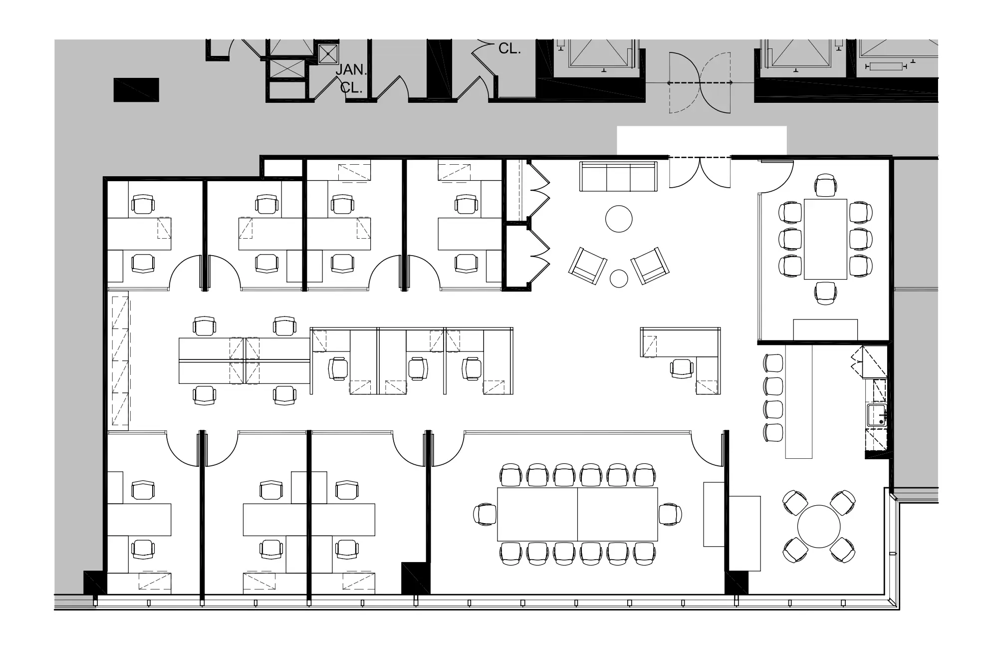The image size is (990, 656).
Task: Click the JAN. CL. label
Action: tap(351, 79)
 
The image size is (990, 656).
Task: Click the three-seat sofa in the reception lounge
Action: tap(618, 176)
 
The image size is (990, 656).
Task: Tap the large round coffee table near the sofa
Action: tap(619, 219)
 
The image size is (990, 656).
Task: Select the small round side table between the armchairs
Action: tap(619, 279)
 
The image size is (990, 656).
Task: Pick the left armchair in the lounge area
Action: tap(588, 266)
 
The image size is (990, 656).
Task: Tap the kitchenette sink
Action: tap(877, 415)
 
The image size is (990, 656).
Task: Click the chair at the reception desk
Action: tap(682, 368)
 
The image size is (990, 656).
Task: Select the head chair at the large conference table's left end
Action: tap(485, 514)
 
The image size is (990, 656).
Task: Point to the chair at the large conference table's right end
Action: tap(670, 514)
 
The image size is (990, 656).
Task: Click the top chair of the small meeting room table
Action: tap(825, 185)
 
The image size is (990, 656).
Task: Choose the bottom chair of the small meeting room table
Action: tap(825, 293)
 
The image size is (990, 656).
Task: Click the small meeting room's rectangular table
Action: tap(825, 239)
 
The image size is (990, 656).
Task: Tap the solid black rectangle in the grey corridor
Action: tap(136, 90)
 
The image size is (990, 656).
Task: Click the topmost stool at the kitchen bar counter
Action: tap(773, 363)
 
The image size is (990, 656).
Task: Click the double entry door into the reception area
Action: tap(700, 172)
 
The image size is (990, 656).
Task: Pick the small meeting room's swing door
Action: tap(776, 177)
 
